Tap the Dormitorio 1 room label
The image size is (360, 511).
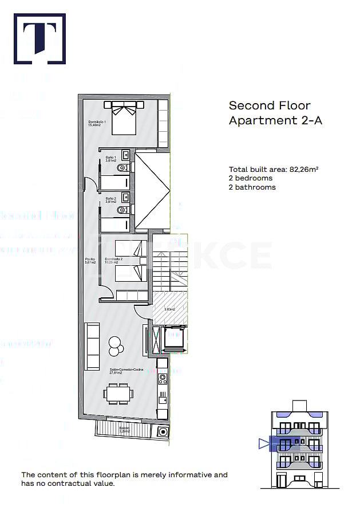pos(97,123)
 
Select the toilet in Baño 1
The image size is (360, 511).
pos(122,168)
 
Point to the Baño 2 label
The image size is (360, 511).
pos(111,200)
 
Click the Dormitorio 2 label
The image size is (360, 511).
pos(114,261)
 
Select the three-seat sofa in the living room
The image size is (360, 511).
pos(92,346)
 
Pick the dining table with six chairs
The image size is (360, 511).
pos(118,394)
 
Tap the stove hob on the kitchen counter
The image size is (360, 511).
pos(163,378)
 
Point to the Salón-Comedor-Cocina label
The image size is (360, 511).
pos(122,371)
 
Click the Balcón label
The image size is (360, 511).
pos(124,429)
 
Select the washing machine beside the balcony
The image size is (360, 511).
pos(163,431)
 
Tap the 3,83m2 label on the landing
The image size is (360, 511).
pos(169,309)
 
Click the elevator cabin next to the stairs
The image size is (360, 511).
pos(173,340)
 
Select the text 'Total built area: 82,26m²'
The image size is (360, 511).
pos(274,169)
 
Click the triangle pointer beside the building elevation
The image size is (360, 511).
pos(263,443)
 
